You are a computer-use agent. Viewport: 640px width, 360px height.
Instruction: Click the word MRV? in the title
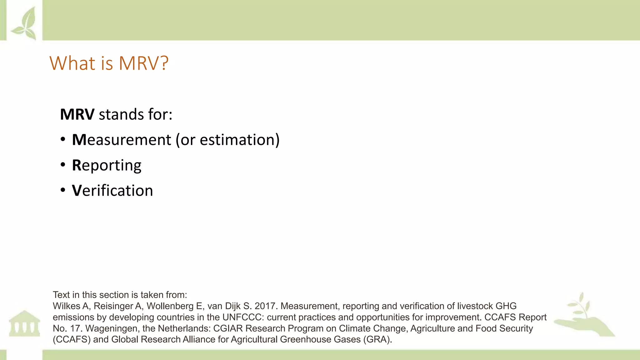(143, 63)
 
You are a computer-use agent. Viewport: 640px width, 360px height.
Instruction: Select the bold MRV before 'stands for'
(77, 114)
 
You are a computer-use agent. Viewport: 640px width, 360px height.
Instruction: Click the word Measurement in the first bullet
(122, 140)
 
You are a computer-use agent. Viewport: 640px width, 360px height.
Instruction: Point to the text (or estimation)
(227, 140)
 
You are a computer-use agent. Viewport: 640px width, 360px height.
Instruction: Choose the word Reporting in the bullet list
(107, 165)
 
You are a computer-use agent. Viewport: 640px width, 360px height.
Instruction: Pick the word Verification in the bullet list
(112, 191)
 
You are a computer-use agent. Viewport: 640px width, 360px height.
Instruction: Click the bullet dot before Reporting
(63, 165)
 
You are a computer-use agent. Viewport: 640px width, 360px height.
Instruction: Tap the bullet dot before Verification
(63, 190)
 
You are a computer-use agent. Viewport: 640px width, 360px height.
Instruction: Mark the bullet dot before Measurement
(63, 139)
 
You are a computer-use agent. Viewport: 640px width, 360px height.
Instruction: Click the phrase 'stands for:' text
(136, 114)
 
